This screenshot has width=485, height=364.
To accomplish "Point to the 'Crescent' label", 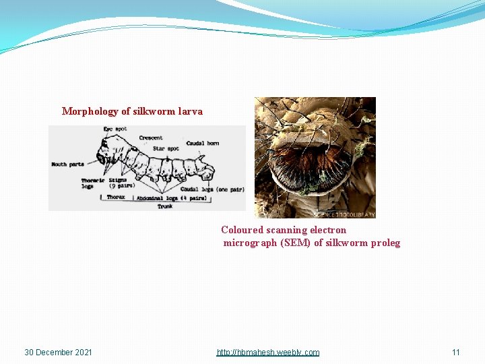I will (151, 138).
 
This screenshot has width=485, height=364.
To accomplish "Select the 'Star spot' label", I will (167, 148).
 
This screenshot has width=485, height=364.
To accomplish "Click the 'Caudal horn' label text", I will (203, 143).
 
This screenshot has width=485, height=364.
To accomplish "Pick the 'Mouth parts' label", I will (68, 164).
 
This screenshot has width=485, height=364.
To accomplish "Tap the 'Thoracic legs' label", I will (92, 183).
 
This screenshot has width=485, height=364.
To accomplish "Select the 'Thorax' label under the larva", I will (116, 198).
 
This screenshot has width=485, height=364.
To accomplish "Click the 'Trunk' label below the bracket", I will (165, 206).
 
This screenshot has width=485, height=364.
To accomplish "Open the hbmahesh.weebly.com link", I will (268, 353).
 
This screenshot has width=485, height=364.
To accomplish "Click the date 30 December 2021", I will (58, 353).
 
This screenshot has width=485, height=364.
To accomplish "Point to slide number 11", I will (456, 353).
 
